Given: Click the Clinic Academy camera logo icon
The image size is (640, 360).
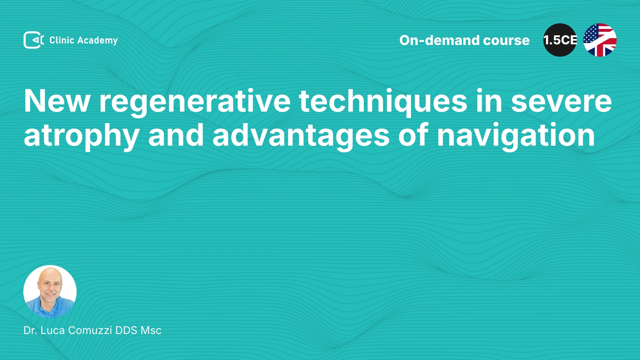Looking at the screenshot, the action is (x=34, y=40).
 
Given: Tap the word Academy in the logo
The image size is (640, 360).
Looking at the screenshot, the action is (x=97, y=41).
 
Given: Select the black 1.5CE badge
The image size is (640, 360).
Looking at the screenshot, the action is (x=560, y=40).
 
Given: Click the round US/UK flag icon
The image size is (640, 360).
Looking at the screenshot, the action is (x=600, y=40).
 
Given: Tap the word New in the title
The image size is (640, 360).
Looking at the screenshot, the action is (x=57, y=101).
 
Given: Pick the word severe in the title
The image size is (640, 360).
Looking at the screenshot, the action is (x=561, y=102).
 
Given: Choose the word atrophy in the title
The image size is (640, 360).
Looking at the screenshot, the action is (x=82, y=136).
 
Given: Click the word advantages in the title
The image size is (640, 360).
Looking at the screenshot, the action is (x=301, y=136).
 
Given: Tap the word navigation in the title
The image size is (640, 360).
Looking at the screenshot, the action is (x=516, y=136).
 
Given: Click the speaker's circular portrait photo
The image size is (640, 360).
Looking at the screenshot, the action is (x=50, y=292).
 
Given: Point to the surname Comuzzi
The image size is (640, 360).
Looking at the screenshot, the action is (x=90, y=330).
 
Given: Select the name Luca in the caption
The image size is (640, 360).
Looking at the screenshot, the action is (x=53, y=330).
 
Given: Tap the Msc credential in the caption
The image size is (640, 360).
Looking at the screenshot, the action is (x=151, y=330).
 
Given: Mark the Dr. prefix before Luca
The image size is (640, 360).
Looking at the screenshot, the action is (x=30, y=330).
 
